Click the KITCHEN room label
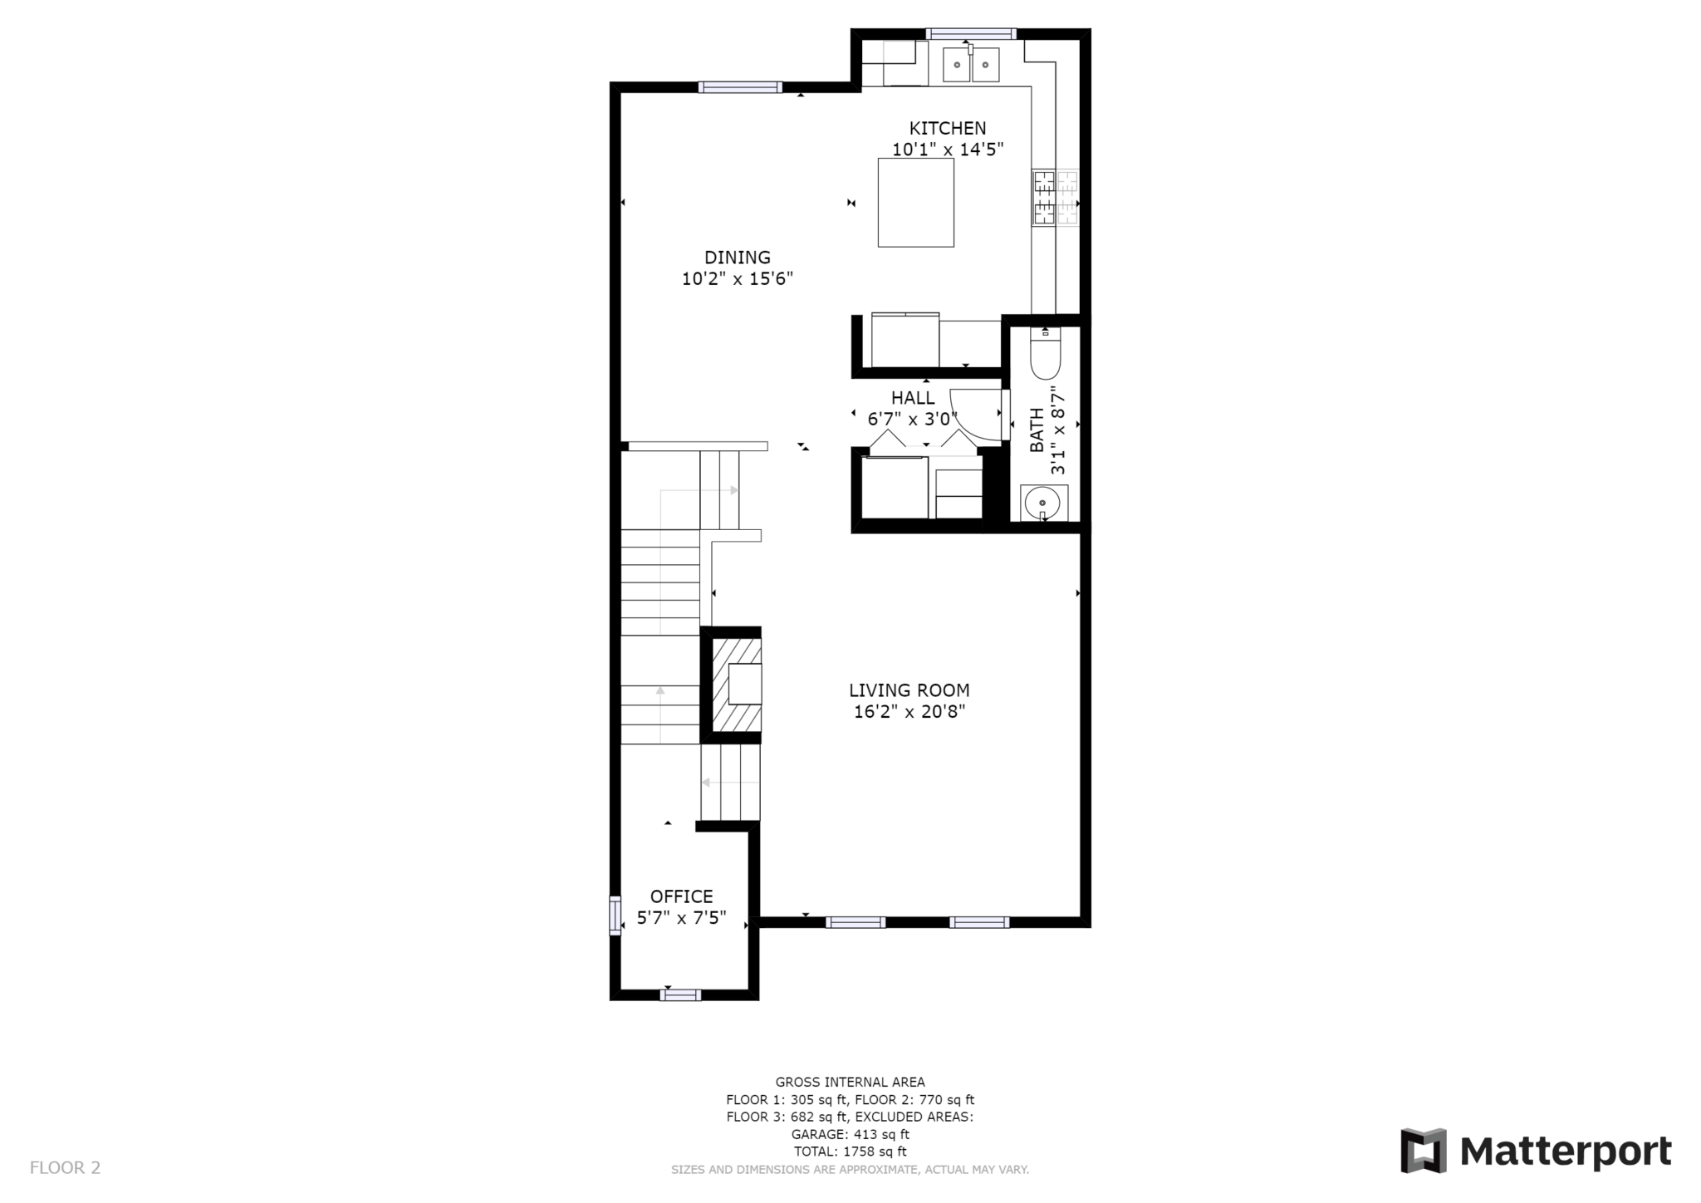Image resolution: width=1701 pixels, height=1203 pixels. [947, 128]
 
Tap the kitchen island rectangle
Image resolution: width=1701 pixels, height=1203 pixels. [915, 203]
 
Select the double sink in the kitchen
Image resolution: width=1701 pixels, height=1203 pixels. [971, 64]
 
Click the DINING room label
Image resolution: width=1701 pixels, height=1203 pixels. [737, 258]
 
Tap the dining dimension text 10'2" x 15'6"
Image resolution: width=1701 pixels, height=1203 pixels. [737, 279]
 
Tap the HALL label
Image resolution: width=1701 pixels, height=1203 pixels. [912, 398]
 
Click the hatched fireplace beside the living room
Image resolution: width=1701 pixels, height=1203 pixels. [736, 685]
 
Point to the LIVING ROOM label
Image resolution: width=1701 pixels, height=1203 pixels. [909, 690]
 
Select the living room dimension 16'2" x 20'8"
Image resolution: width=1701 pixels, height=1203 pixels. [909, 712]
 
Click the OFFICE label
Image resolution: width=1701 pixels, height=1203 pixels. [681, 896]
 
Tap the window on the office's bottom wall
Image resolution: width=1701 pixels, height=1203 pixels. [680, 994]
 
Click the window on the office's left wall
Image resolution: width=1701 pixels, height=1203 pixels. [615, 916]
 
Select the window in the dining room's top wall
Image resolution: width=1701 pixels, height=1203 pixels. [739, 87]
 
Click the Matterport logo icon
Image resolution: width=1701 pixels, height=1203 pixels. [1423, 1151]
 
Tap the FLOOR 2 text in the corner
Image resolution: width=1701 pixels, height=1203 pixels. [65, 1168]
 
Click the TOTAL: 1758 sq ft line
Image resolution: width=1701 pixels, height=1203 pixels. [850, 1151]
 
